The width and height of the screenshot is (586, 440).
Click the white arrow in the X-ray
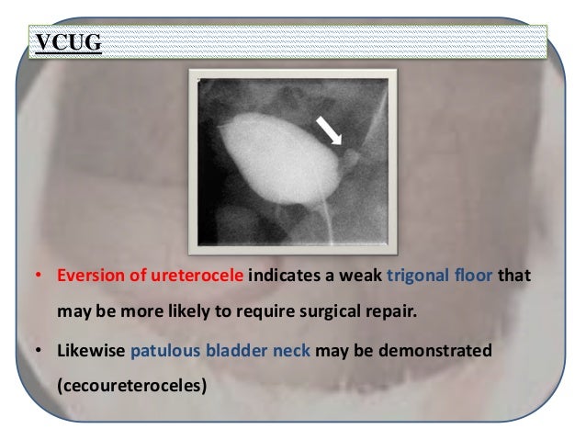coord(330,132)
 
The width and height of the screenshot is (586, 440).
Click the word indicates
coord(278,275)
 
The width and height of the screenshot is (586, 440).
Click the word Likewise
coord(91,351)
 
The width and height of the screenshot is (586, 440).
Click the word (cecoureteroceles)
coord(132,386)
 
